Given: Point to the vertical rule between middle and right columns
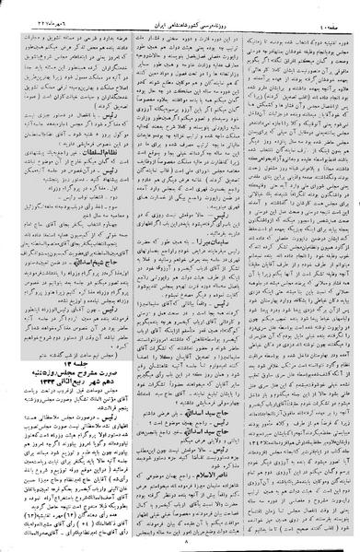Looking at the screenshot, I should [240, 276].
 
